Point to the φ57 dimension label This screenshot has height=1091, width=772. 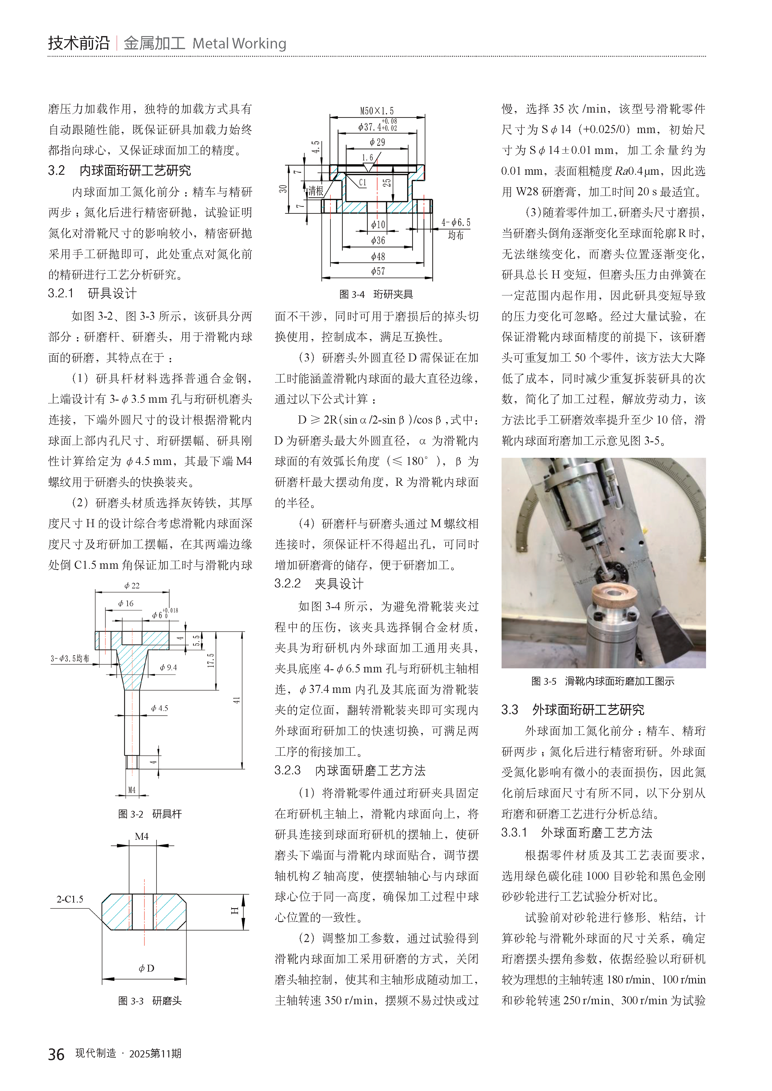tap(378, 271)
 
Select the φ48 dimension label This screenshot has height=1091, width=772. tap(378, 257)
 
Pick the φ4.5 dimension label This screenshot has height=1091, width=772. tap(160, 708)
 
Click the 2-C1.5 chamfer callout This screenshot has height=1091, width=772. tap(70, 899)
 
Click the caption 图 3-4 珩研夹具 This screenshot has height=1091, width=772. tap(376, 295)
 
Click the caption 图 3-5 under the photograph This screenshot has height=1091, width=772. tap(602, 681)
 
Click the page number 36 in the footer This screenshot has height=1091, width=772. tap(56, 1054)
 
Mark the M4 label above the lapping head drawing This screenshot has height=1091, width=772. tap(142, 836)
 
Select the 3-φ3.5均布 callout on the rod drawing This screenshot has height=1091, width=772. tap(70, 659)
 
